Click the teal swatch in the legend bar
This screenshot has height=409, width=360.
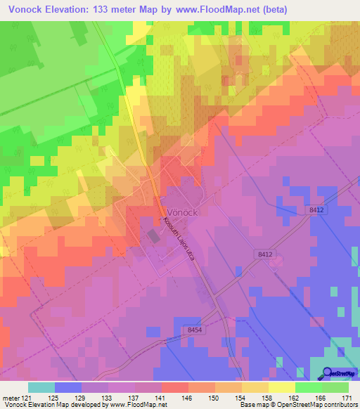tap(41, 387)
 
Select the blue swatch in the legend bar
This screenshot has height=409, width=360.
tap(68, 387)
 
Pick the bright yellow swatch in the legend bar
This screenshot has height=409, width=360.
tap(282, 387)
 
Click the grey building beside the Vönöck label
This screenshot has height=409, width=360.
tap(153, 237)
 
